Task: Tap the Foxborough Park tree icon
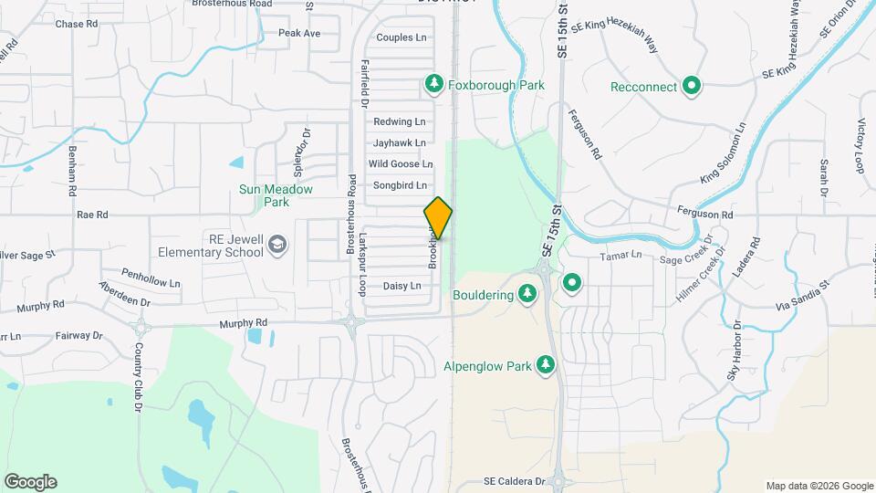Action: tap(434, 85)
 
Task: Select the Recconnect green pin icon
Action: tap(692, 87)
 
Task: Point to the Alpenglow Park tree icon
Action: tap(545, 366)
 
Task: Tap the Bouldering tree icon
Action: tap(527, 293)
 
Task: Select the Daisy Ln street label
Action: tap(401, 286)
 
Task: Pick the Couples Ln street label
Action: tap(401, 37)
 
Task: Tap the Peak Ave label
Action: tap(299, 33)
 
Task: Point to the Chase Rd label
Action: tap(77, 24)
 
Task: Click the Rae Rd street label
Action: tap(93, 215)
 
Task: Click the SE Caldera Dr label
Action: tap(514, 481)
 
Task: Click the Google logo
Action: tap(30, 482)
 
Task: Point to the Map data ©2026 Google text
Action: tap(819, 486)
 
